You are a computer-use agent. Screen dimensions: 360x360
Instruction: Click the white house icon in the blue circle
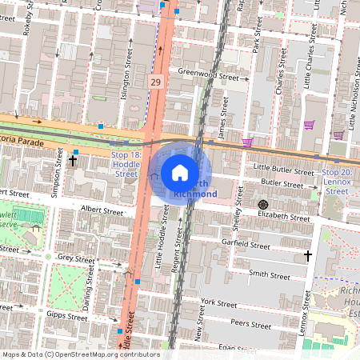click(x=180, y=172)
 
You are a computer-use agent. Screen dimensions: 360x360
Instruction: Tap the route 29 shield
click(x=154, y=82)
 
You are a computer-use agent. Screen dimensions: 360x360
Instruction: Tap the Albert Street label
click(x=102, y=212)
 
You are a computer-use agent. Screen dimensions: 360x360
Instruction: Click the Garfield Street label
click(x=246, y=246)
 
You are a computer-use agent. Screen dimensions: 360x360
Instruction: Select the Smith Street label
click(x=268, y=274)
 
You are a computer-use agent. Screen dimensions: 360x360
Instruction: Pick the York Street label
click(x=220, y=302)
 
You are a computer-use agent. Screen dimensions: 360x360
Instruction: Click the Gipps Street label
click(x=67, y=317)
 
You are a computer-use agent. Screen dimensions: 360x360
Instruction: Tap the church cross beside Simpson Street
click(x=73, y=161)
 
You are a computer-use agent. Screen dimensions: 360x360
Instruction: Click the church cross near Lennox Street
click(x=308, y=256)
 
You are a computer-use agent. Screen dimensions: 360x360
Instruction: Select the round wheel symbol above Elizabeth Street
click(x=262, y=205)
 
